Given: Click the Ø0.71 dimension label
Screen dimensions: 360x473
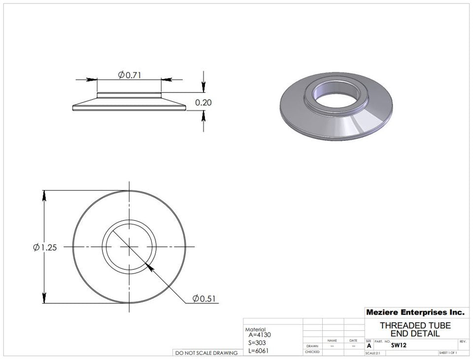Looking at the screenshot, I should click(x=129, y=74).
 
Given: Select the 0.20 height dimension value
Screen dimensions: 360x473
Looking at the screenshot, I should click(x=203, y=103).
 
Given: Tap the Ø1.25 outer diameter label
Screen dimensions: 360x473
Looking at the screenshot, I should click(x=45, y=247).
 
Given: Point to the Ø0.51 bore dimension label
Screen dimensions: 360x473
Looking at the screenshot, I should click(x=204, y=298).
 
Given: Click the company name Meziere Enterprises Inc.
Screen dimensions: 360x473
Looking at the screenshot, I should click(x=415, y=312).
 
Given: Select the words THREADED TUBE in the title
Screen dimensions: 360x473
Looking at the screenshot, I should click(x=415, y=326).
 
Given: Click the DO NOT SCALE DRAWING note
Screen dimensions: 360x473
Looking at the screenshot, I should click(x=206, y=353).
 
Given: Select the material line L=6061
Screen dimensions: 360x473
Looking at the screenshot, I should click(x=259, y=350).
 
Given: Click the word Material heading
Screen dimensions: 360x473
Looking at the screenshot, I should click(x=255, y=329).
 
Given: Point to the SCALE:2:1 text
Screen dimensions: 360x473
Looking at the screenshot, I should click(x=373, y=353).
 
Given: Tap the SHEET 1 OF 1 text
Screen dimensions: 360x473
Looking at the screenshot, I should click(x=447, y=353).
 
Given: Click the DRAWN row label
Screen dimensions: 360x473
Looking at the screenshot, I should click(x=312, y=346).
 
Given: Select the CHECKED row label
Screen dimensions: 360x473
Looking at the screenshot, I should click(x=312, y=352).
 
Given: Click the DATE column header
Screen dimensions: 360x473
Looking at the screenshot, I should click(x=353, y=340).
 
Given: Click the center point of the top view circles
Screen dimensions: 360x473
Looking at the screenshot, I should click(x=129, y=247).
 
